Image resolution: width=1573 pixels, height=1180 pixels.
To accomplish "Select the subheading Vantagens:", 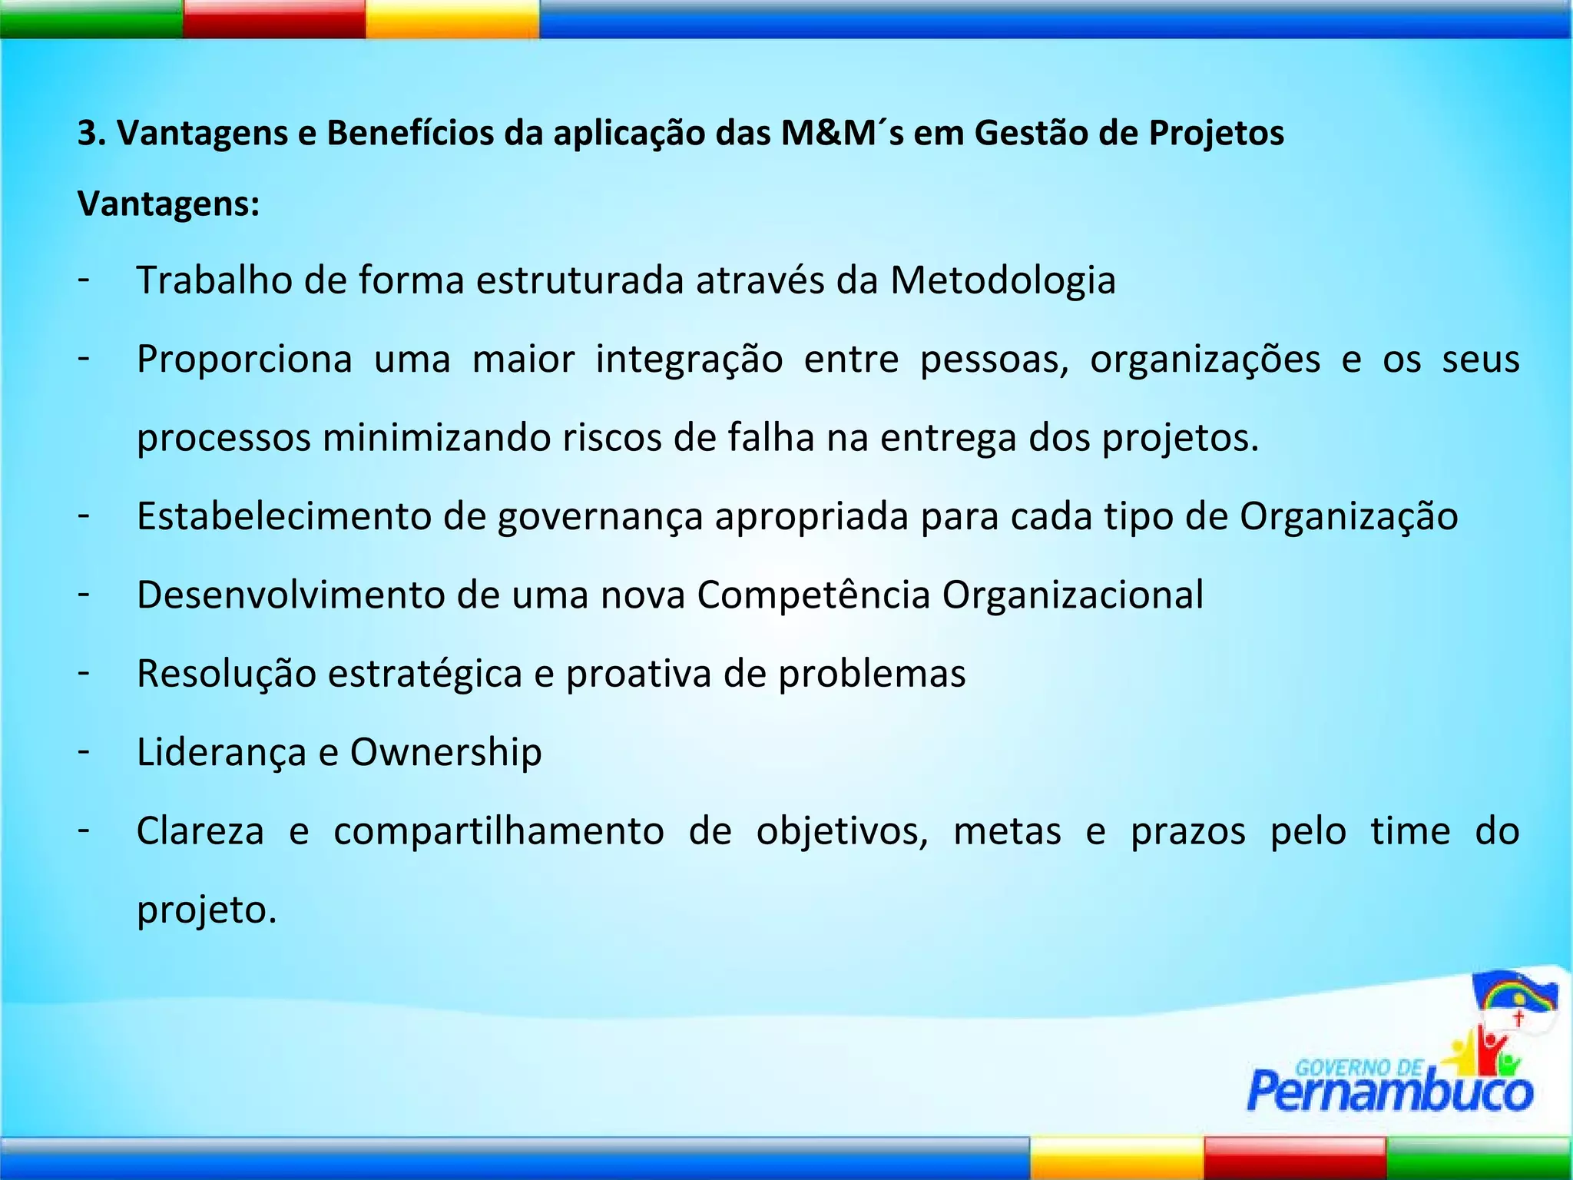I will (x=169, y=204).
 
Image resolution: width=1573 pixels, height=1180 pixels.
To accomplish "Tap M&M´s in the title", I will (x=842, y=133).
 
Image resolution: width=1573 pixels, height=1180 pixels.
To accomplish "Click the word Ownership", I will (x=445, y=753).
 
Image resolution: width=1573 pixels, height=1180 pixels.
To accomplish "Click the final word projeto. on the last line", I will (x=206, y=911).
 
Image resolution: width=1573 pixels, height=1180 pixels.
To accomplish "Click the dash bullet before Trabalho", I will (x=84, y=278).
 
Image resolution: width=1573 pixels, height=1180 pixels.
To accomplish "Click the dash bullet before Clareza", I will (x=84, y=830).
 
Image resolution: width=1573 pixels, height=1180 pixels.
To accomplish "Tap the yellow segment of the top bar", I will (x=452, y=19).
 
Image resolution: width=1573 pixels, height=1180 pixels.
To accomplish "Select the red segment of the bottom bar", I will (x=1294, y=1158).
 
